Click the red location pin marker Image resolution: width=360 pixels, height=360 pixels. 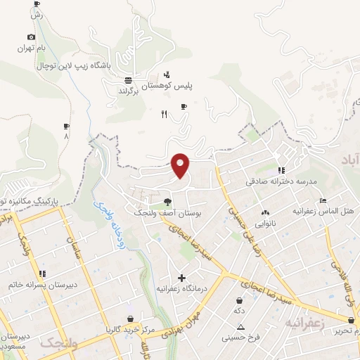tap(181, 165)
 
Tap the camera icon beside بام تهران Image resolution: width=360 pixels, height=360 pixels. tap(31, 37)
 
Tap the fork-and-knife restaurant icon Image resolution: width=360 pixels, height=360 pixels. tap(164, 114)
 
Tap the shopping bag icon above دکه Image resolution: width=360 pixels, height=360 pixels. tap(240, 300)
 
